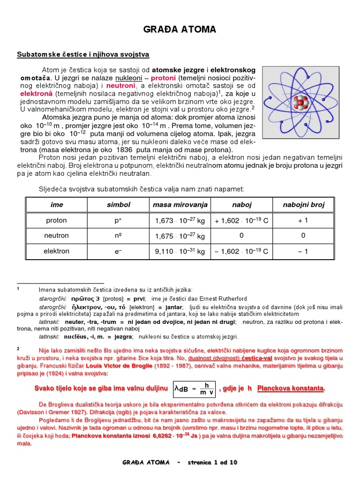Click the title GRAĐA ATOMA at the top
180,30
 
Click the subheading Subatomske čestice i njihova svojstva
83,55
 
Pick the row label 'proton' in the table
56,220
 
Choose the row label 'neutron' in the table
56,236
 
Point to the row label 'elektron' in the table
56,251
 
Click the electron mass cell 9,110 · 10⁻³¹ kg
180,252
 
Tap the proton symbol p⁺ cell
118,221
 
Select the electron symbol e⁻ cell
118,252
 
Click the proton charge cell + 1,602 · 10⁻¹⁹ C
241,221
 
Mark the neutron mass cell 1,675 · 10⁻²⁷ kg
180,236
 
